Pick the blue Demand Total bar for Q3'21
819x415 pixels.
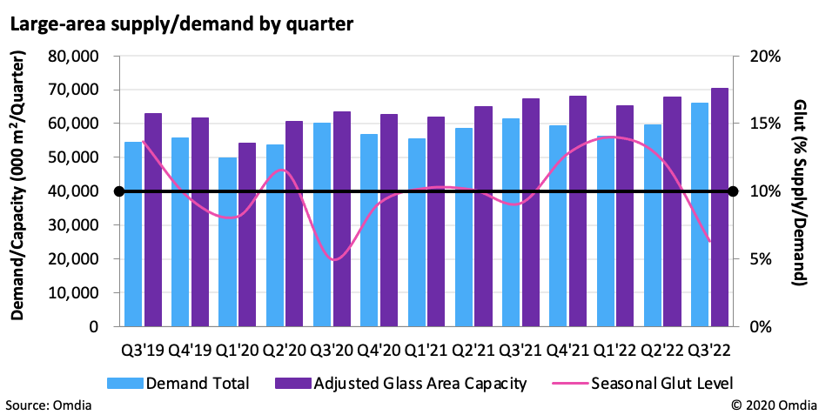click(x=510, y=222)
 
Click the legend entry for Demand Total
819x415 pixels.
click(x=179, y=383)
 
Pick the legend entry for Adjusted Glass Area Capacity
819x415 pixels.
click(x=400, y=383)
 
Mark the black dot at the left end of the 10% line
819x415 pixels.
click(x=120, y=191)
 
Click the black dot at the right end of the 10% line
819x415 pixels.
click(x=733, y=191)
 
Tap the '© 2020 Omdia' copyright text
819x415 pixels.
click(x=769, y=405)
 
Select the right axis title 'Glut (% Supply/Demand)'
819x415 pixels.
click(x=799, y=191)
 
